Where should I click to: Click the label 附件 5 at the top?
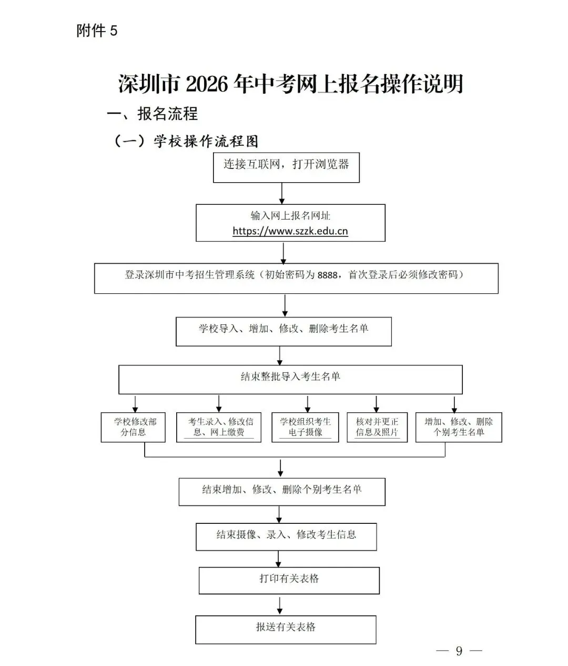(x=97, y=31)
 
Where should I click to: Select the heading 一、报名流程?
(x=153, y=114)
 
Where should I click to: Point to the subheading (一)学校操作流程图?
(x=186, y=141)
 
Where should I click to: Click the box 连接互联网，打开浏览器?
(x=286, y=165)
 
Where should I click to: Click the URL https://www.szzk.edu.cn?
(x=290, y=231)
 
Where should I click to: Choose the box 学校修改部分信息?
(x=133, y=427)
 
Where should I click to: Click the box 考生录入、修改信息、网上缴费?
(x=219, y=427)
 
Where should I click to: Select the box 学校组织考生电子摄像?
(x=305, y=427)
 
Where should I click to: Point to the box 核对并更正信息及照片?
(x=377, y=427)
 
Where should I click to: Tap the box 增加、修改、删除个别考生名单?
(x=459, y=427)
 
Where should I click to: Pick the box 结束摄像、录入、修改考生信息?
(x=286, y=536)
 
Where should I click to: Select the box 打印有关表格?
(x=289, y=580)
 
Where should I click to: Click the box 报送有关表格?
(x=286, y=629)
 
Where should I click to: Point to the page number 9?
(x=459, y=651)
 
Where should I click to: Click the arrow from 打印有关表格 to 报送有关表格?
(x=283, y=604)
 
